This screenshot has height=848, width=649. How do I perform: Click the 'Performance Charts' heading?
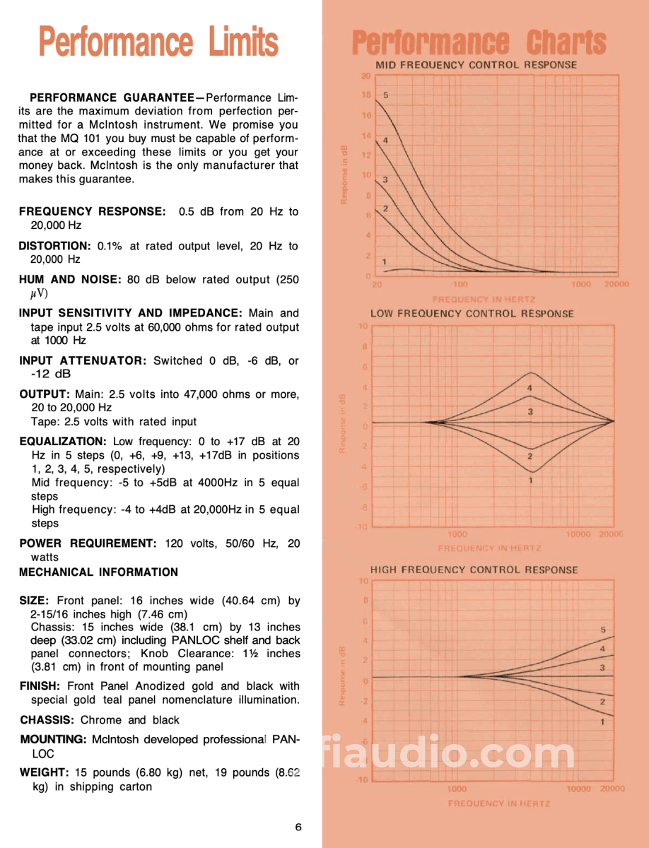point(479,42)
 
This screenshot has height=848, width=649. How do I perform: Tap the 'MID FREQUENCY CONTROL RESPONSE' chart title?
point(476,65)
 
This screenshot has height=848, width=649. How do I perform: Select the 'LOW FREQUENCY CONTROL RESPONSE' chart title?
point(472,314)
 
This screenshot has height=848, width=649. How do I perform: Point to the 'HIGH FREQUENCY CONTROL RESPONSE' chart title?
point(474,570)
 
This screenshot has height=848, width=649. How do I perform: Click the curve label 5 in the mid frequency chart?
point(386,94)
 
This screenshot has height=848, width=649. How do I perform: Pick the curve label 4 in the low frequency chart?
point(530,388)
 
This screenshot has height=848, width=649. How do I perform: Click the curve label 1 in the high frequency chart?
point(602,722)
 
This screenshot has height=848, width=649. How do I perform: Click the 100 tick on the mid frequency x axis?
point(460,284)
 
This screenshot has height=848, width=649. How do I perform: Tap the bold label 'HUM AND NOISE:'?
point(71,280)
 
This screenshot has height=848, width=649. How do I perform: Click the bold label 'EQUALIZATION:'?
point(63,441)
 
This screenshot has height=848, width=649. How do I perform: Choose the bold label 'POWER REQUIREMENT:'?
point(88,543)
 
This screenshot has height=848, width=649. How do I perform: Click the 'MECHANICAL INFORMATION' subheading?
point(99,572)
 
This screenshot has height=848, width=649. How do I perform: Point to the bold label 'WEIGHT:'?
point(44,773)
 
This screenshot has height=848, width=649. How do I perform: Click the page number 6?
point(299,828)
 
